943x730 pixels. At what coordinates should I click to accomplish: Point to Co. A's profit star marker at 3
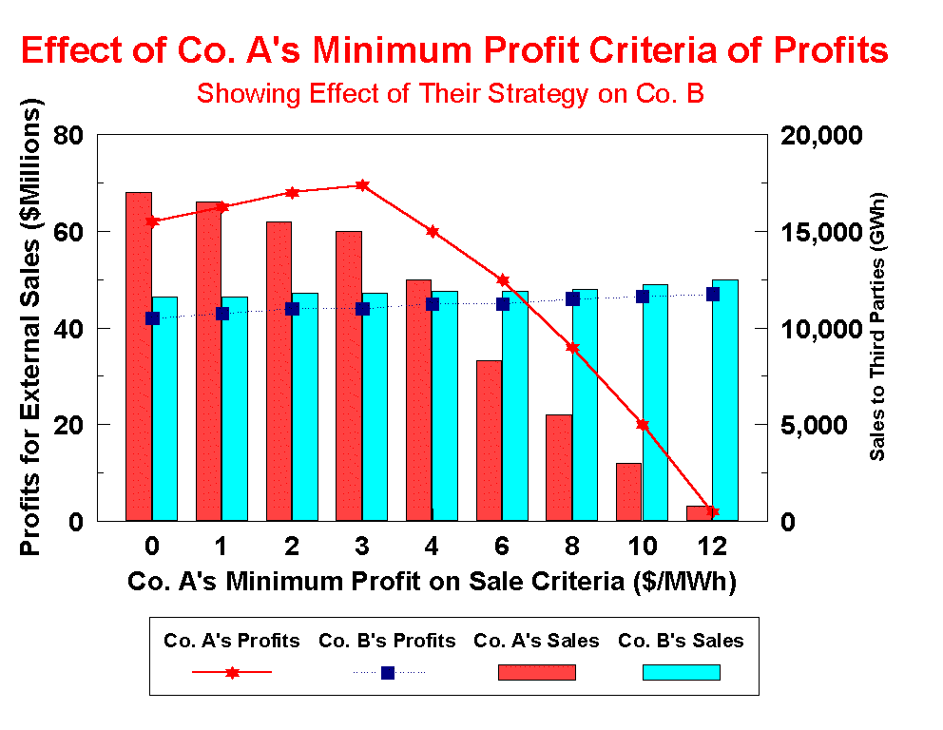pyautogui.click(x=362, y=185)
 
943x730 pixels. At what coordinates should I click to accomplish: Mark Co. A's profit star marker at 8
pyautogui.click(x=572, y=347)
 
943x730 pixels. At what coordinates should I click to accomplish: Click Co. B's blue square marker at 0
pyautogui.click(x=152, y=318)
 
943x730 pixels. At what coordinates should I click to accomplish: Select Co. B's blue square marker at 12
pyautogui.click(x=713, y=294)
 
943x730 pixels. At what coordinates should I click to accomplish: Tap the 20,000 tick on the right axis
pyautogui.click(x=820, y=135)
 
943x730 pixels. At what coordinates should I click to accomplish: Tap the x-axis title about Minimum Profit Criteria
pyautogui.click(x=432, y=582)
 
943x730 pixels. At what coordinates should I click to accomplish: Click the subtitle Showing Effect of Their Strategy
pyautogui.click(x=450, y=94)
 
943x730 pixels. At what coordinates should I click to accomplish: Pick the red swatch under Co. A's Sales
pyautogui.click(x=537, y=672)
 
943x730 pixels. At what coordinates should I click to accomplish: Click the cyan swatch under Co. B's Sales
pyautogui.click(x=681, y=672)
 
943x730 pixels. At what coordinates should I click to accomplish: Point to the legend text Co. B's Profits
pyautogui.click(x=387, y=641)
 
